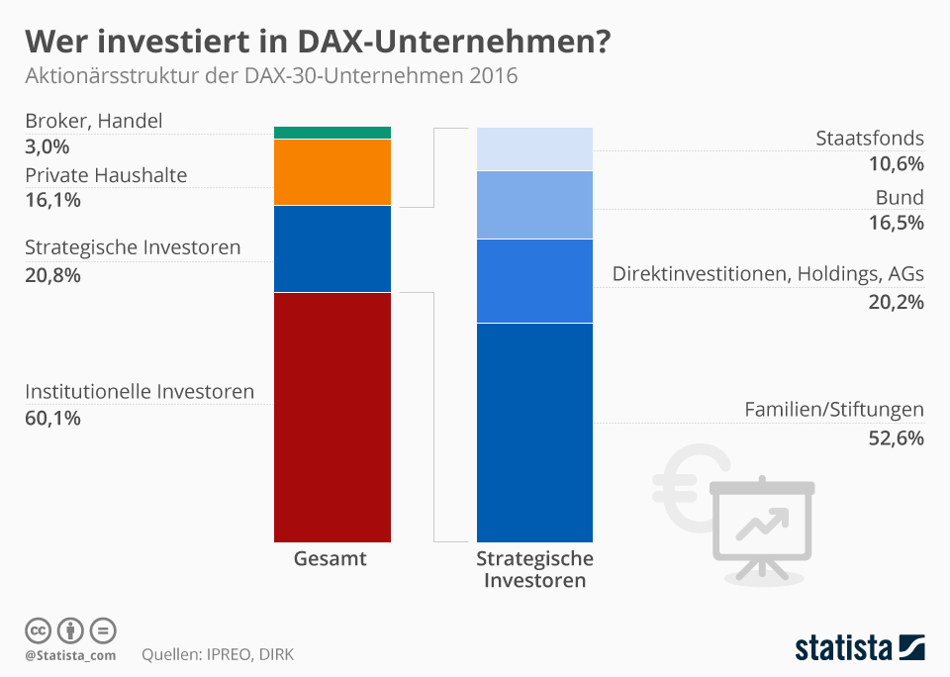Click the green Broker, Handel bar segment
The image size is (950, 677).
tap(332, 133)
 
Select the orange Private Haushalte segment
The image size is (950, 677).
tap(332, 172)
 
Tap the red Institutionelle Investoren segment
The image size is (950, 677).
tap(332, 416)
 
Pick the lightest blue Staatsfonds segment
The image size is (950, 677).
tap(534, 148)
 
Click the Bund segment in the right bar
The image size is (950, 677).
tap(534, 205)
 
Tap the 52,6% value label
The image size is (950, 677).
tap(896, 437)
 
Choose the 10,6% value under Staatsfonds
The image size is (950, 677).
tap(896, 164)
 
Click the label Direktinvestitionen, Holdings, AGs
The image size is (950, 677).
tap(768, 274)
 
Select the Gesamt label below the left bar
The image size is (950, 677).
tap(331, 559)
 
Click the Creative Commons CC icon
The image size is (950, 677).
tap(39, 630)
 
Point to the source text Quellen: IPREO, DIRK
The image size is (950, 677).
tap(218, 654)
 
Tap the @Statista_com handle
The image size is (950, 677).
tap(70, 655)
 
